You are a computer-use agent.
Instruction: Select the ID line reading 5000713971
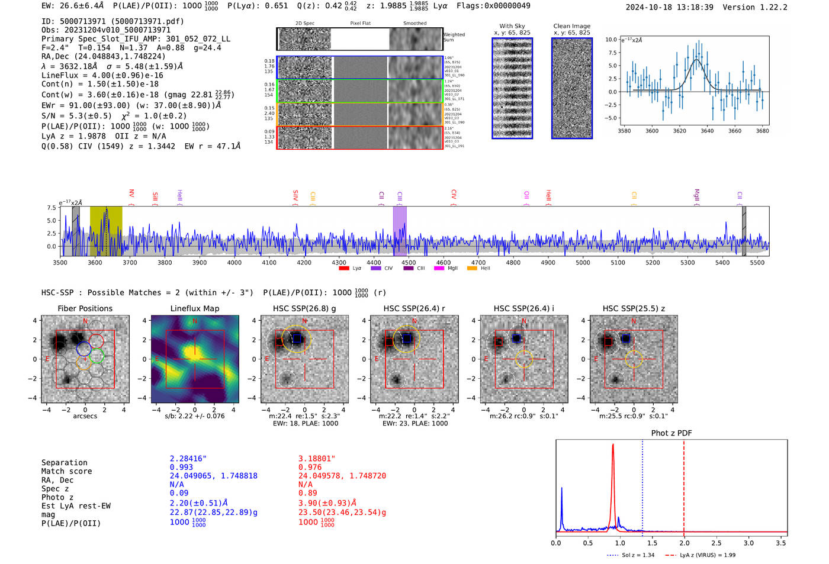[113, 21]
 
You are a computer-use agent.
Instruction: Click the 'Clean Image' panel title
[571, 26]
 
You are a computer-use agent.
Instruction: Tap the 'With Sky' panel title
[512, 26]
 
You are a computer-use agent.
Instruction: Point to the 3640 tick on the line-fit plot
[707, 131]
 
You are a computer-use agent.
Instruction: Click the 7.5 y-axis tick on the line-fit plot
[612, 53]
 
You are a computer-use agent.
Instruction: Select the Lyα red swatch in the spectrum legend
[344, 269]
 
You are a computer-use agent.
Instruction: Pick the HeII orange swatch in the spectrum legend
[472, 269]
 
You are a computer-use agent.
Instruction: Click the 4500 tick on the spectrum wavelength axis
[409, 262]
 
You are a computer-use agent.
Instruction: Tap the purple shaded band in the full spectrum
[400, 231]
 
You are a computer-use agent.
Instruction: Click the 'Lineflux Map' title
[194, 308]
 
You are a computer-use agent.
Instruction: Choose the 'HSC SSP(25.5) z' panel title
[634, 308]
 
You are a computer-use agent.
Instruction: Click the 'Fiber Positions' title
[85, 308]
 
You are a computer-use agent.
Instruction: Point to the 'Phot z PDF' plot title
[671, 433]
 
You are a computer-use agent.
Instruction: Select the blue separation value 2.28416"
[188, 459]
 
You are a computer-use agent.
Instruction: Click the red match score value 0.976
[310, 468]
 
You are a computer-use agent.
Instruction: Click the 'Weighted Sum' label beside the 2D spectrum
[454, 37]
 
